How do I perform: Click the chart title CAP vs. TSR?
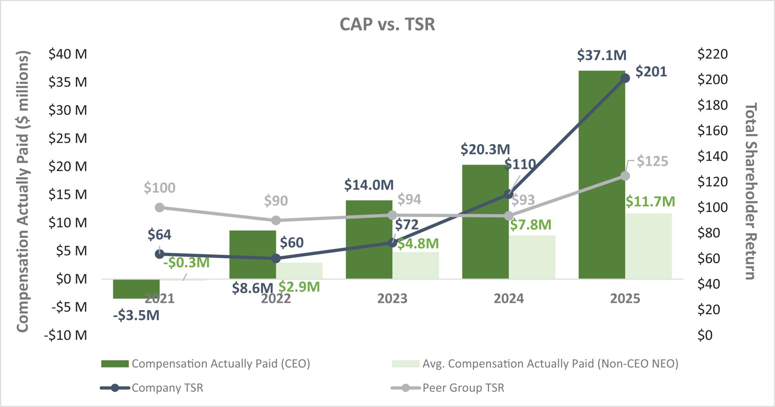[387, 25]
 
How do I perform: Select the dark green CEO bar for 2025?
[602, 176]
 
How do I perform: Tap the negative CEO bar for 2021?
[136, 289]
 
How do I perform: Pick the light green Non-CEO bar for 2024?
[532, 257]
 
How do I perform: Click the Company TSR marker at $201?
[625, 78]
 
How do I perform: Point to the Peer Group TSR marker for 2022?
[276, 220]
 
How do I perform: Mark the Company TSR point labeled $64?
[160, 254]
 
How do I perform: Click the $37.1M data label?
[602, 55]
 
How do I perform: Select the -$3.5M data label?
[136, 315]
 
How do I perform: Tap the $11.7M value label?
[650, 201]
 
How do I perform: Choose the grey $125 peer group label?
[652, 161]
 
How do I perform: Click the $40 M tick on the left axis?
[68, 54]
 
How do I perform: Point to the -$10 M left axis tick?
[65, 335]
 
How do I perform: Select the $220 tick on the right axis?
[712, 54]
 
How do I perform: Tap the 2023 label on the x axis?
[392, 299]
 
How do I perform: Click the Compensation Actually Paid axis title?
[23, 191]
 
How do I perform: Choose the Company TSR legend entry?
[167, 388]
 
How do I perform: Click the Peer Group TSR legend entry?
[463, 388]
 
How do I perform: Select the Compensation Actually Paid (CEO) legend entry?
[221, 364]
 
